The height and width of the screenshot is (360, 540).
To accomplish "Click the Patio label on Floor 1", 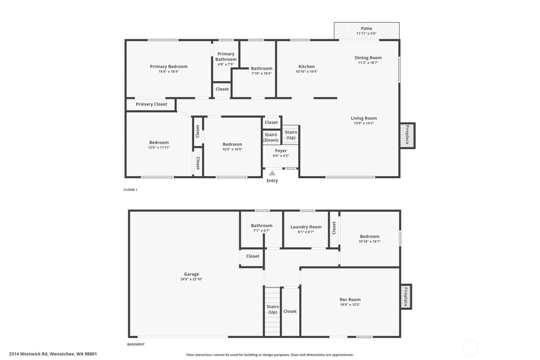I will pyautogui.click(x=366, y=29).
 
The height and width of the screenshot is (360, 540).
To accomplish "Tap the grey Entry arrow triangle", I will pyautogui.click(x=272, y=173).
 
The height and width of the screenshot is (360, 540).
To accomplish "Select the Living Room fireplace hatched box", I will pyautogui.click(x=407, y=135).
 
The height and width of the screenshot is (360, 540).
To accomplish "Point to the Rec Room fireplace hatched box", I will pyautogui.click(x=405, y=297).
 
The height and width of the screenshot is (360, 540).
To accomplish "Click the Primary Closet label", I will pyautogui.click(x=151, y=104).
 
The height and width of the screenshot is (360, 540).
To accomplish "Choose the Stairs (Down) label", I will pyautogui.click(x=271, y=137).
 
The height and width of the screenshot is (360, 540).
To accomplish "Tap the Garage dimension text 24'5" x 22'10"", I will pyautogui.click(x=191, y=279).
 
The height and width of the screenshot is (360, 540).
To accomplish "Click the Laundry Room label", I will pyautogui.click(x=306, y=227).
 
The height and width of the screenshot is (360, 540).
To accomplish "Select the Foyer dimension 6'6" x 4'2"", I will pyautogui.click(x=281, y=156).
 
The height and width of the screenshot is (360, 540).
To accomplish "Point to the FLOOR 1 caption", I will pyautogui.click(x=130, y=190).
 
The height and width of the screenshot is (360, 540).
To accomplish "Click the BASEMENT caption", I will pyautogui.click(x=136, y=345).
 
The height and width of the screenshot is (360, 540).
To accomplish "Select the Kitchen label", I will pyautogui.click(x=307, y=66).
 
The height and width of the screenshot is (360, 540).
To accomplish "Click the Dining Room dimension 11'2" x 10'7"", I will pyautogui.click(x=368, y=63).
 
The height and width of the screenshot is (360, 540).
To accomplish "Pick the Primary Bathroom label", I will pyautogui.click(x=226, y=57).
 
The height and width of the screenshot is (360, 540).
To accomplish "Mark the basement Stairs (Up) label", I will pyautogui.click(x=273, y=309).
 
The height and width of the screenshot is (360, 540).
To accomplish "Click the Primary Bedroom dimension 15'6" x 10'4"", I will pyautogui.click(x=169, y=71).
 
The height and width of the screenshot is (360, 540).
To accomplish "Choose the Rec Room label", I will pyautogui.click(x=350, y=299).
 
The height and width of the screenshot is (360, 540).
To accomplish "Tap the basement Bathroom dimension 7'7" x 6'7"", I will pyautogui.click(x=262, y=230).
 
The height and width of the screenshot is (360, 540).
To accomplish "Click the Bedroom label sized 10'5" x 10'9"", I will pyautogui.click(x=232, y=144).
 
